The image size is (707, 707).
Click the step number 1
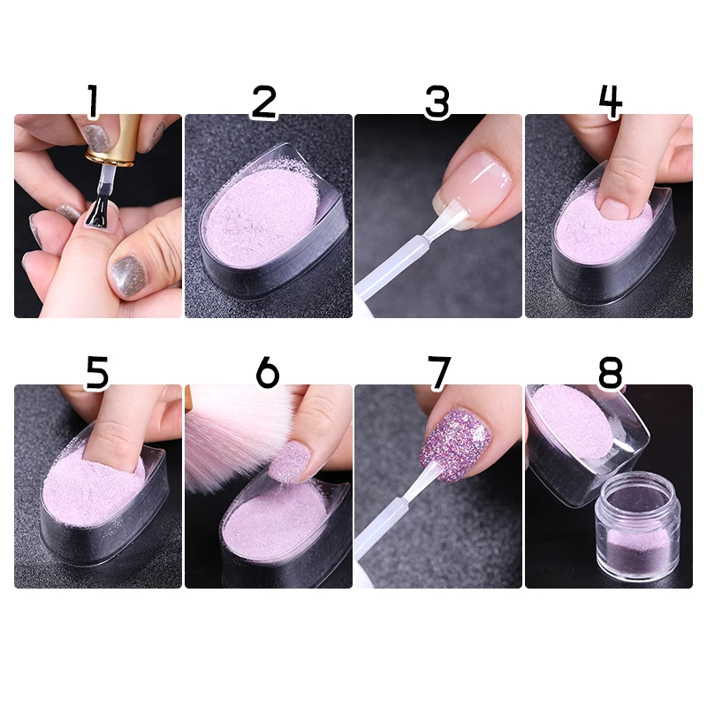(x=92, y=103)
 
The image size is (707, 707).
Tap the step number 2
(x=263, y=103)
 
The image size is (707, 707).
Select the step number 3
(x=437, y=103)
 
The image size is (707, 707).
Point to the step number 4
(x=610, y=103)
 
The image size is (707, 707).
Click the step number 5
(x=96, y=373)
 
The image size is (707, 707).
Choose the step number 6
(x=267, y=373)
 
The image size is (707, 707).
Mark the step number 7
(x=439, y=373)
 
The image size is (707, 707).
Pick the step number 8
(x=610, y=373)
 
